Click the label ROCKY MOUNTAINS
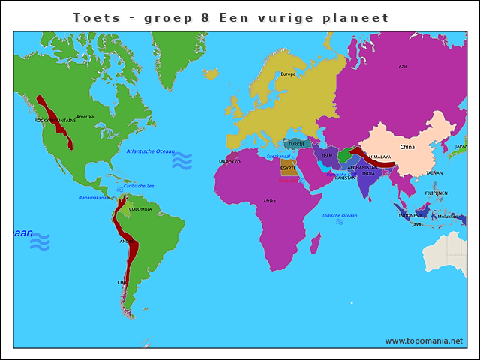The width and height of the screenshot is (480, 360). pyautogui.click(x=55, y=120)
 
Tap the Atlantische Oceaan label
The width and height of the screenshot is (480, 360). pyautogui.click(x=150, y=151)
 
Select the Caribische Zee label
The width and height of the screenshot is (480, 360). pyautogui.click(x=139, y=186)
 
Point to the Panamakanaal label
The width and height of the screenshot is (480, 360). pyautogui.click(x=94, y=198)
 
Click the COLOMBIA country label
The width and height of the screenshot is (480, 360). pyautogui.click(x=140, y=209)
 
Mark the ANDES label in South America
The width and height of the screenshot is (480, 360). pyautogui.click(x=125, y=241)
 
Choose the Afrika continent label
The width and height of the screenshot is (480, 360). pyautogui.click(x=269, y=201)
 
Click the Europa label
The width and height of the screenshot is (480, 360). pyautogui.click(x=288, y=73)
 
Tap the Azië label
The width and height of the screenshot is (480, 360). pyautogui.click(x=403, y=66)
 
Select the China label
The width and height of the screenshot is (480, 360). pyautogui.click(x=407, y=147)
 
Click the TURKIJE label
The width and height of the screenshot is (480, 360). pyautogui.click(x=298, y=144)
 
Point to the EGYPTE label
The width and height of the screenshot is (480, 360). pyautogui.click(x=288, y=168)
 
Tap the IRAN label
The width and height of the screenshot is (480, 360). pyautogui.click(x=327, y=157)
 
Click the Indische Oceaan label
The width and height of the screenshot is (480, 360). pyautogui.click(x=340, y=215)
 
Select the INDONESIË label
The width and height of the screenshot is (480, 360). pyautogui.click(x=409, y=216)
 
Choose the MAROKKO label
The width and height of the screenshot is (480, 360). pyautogui.click(x=229, y=161)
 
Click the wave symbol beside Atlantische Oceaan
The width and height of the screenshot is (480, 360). pyautogui.click(x=181, y=160)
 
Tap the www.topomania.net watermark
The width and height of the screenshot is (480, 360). pyautogui.click(x=424, y=340)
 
